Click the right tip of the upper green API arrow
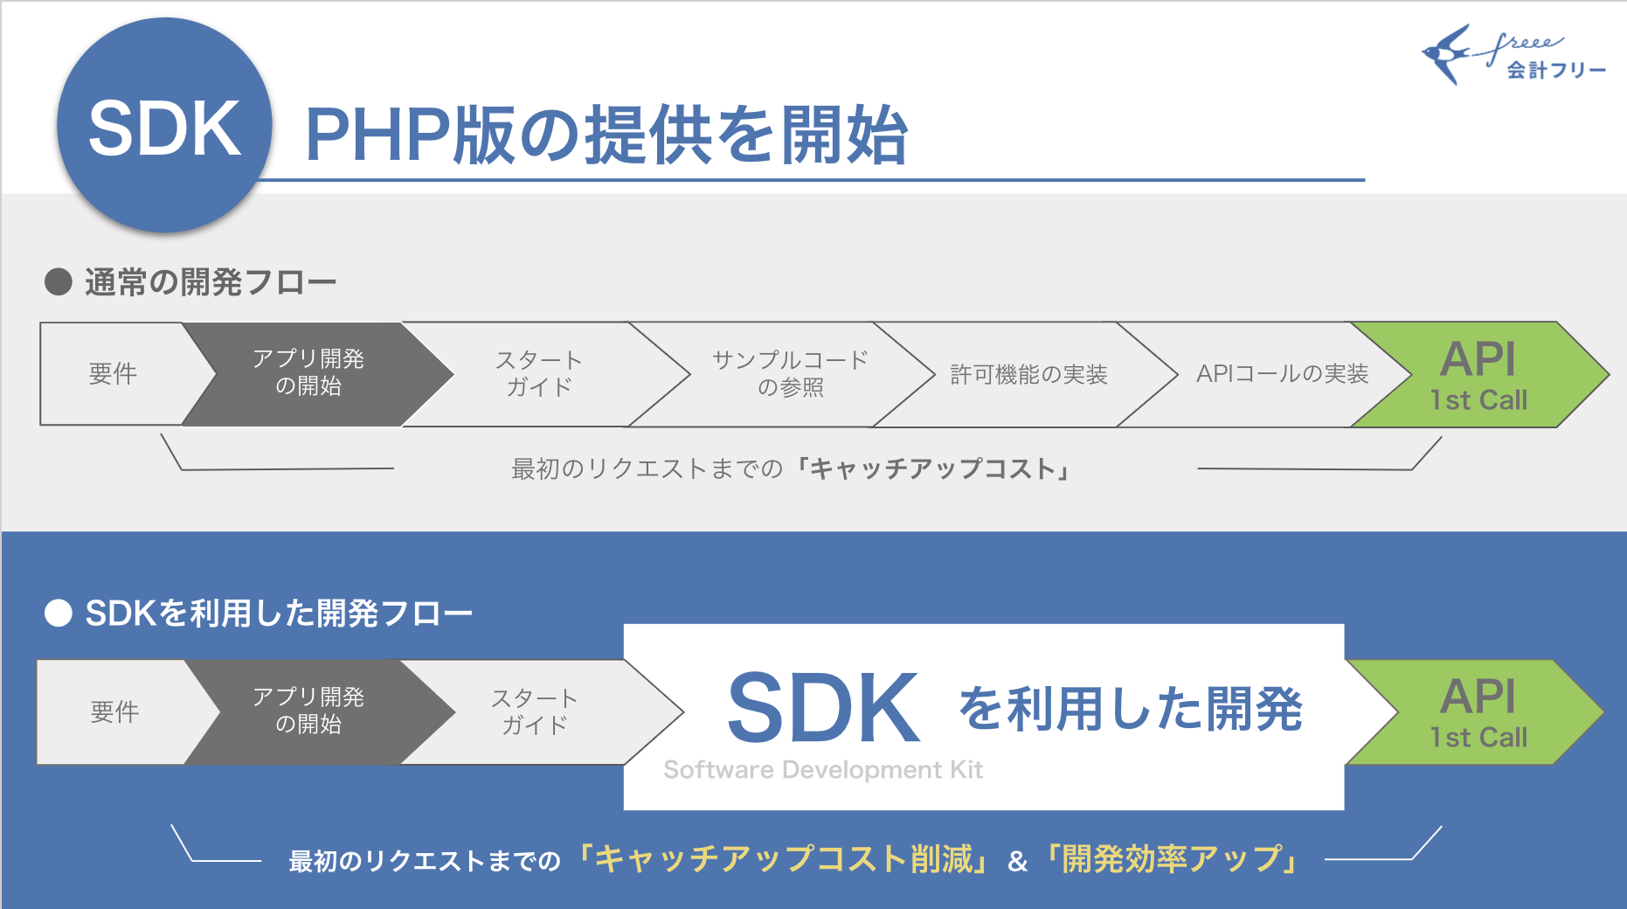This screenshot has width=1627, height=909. (1609, 374)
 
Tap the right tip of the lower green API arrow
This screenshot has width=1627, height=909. (1603, 712)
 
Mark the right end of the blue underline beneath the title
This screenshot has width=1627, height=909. (1365, 180)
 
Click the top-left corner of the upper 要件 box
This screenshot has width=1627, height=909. (40, 323)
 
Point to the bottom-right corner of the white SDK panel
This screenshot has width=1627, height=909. (1344, 809)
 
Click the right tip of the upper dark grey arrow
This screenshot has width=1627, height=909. (453, 374)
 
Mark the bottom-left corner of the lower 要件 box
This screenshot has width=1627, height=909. (37, 765)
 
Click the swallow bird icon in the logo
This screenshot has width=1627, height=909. (1448, 54)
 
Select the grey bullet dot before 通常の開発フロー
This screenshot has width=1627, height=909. (59, 282)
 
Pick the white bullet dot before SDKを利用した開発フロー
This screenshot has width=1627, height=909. (59, 614)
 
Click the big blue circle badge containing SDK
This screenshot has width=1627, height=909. (164, 125)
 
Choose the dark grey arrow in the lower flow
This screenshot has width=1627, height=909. (320, 712)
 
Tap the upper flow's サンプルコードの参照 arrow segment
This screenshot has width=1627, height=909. (782, 374)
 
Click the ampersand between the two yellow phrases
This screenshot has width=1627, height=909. (1017, 862)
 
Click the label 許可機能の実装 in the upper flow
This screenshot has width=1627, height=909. (1028, 374)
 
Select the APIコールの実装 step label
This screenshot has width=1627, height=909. (1282, 373)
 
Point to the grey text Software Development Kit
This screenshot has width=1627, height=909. (823, 770)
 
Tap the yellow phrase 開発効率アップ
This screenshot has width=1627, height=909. (1171, 859)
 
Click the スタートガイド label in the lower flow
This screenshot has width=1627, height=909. (535, 711)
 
